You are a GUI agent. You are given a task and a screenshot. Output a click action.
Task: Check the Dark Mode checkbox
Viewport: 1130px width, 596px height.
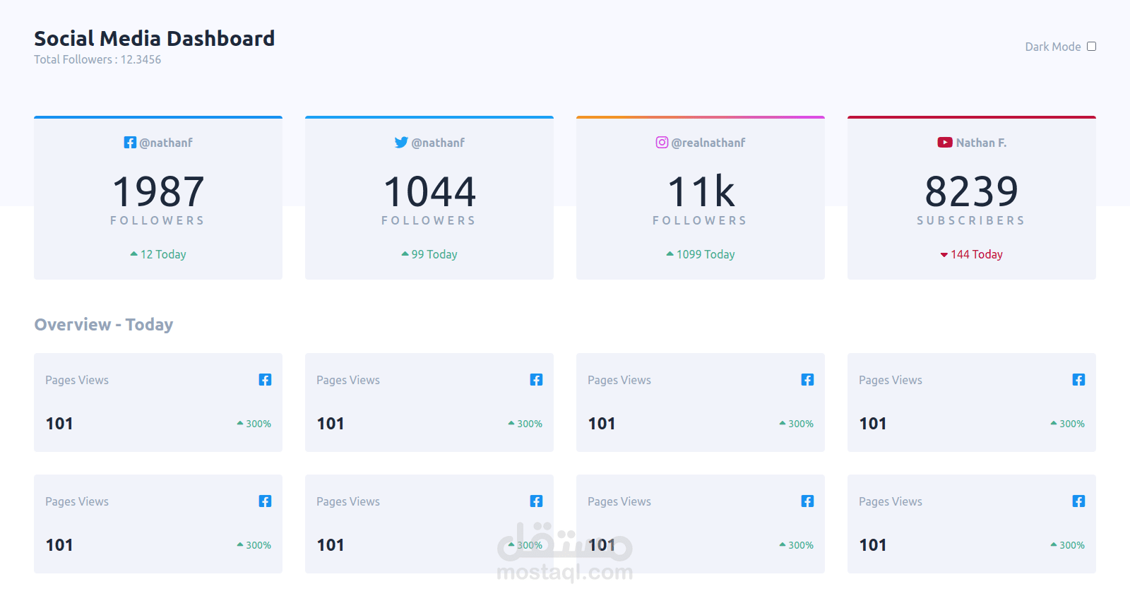pos(1091,47)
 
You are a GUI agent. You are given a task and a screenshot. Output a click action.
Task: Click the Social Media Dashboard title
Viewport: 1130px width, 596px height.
pos(154,38)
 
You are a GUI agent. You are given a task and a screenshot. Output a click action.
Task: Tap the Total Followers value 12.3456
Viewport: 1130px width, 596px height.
pos(141,60)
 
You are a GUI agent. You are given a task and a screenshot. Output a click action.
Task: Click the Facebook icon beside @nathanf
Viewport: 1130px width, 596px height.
pos(130,143)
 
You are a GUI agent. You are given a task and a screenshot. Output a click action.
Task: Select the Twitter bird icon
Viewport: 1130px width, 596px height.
pos(401,143)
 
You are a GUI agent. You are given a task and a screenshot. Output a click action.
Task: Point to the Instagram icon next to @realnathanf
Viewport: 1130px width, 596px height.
pos(662,143)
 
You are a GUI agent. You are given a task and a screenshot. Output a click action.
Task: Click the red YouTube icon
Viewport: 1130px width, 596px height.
pos(945,143)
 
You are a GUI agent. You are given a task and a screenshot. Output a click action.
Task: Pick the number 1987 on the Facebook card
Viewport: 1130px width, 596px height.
pos(158,192)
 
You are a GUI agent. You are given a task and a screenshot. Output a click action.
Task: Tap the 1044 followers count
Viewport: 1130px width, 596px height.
pos(429,192)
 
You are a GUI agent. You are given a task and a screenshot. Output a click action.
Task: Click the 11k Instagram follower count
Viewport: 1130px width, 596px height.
pos(701,192)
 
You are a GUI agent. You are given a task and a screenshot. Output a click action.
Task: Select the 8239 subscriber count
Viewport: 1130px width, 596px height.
pos(971,192)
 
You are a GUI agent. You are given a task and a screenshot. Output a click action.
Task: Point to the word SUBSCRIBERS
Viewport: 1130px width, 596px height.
pos(971,221)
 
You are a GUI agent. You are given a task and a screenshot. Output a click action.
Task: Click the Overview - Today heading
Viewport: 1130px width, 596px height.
pos(104,325)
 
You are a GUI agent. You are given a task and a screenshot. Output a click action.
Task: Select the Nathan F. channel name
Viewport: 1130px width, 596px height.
pos(981,143)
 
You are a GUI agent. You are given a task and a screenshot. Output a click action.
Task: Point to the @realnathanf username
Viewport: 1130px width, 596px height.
pos(708,143)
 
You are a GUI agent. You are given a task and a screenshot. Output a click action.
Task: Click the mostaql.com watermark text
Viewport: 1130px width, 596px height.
pos(565,572)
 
